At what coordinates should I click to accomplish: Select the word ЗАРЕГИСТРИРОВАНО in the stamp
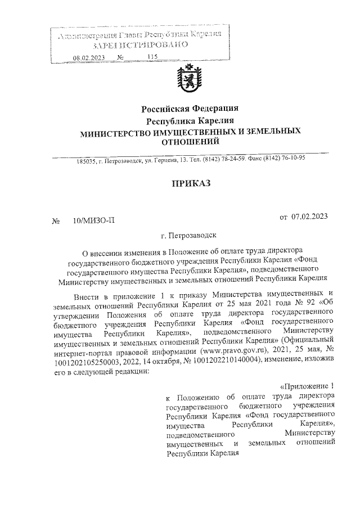tap(138, 45)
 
